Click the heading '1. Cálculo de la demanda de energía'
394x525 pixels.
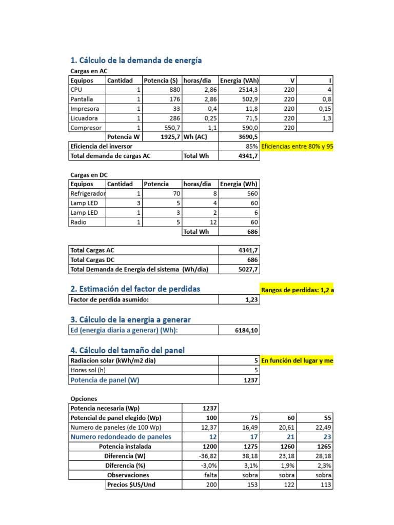click(135, 60)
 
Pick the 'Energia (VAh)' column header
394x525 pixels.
click(239, 80)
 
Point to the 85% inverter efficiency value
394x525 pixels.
click(251, 147)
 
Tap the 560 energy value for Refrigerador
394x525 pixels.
click(251, 194)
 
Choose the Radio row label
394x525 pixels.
click(78, 222)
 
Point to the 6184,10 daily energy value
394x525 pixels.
click(246, 331)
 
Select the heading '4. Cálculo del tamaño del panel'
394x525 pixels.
click(127, 350)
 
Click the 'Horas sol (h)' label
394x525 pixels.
click(88, 370)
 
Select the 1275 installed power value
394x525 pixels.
click(251, 447)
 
